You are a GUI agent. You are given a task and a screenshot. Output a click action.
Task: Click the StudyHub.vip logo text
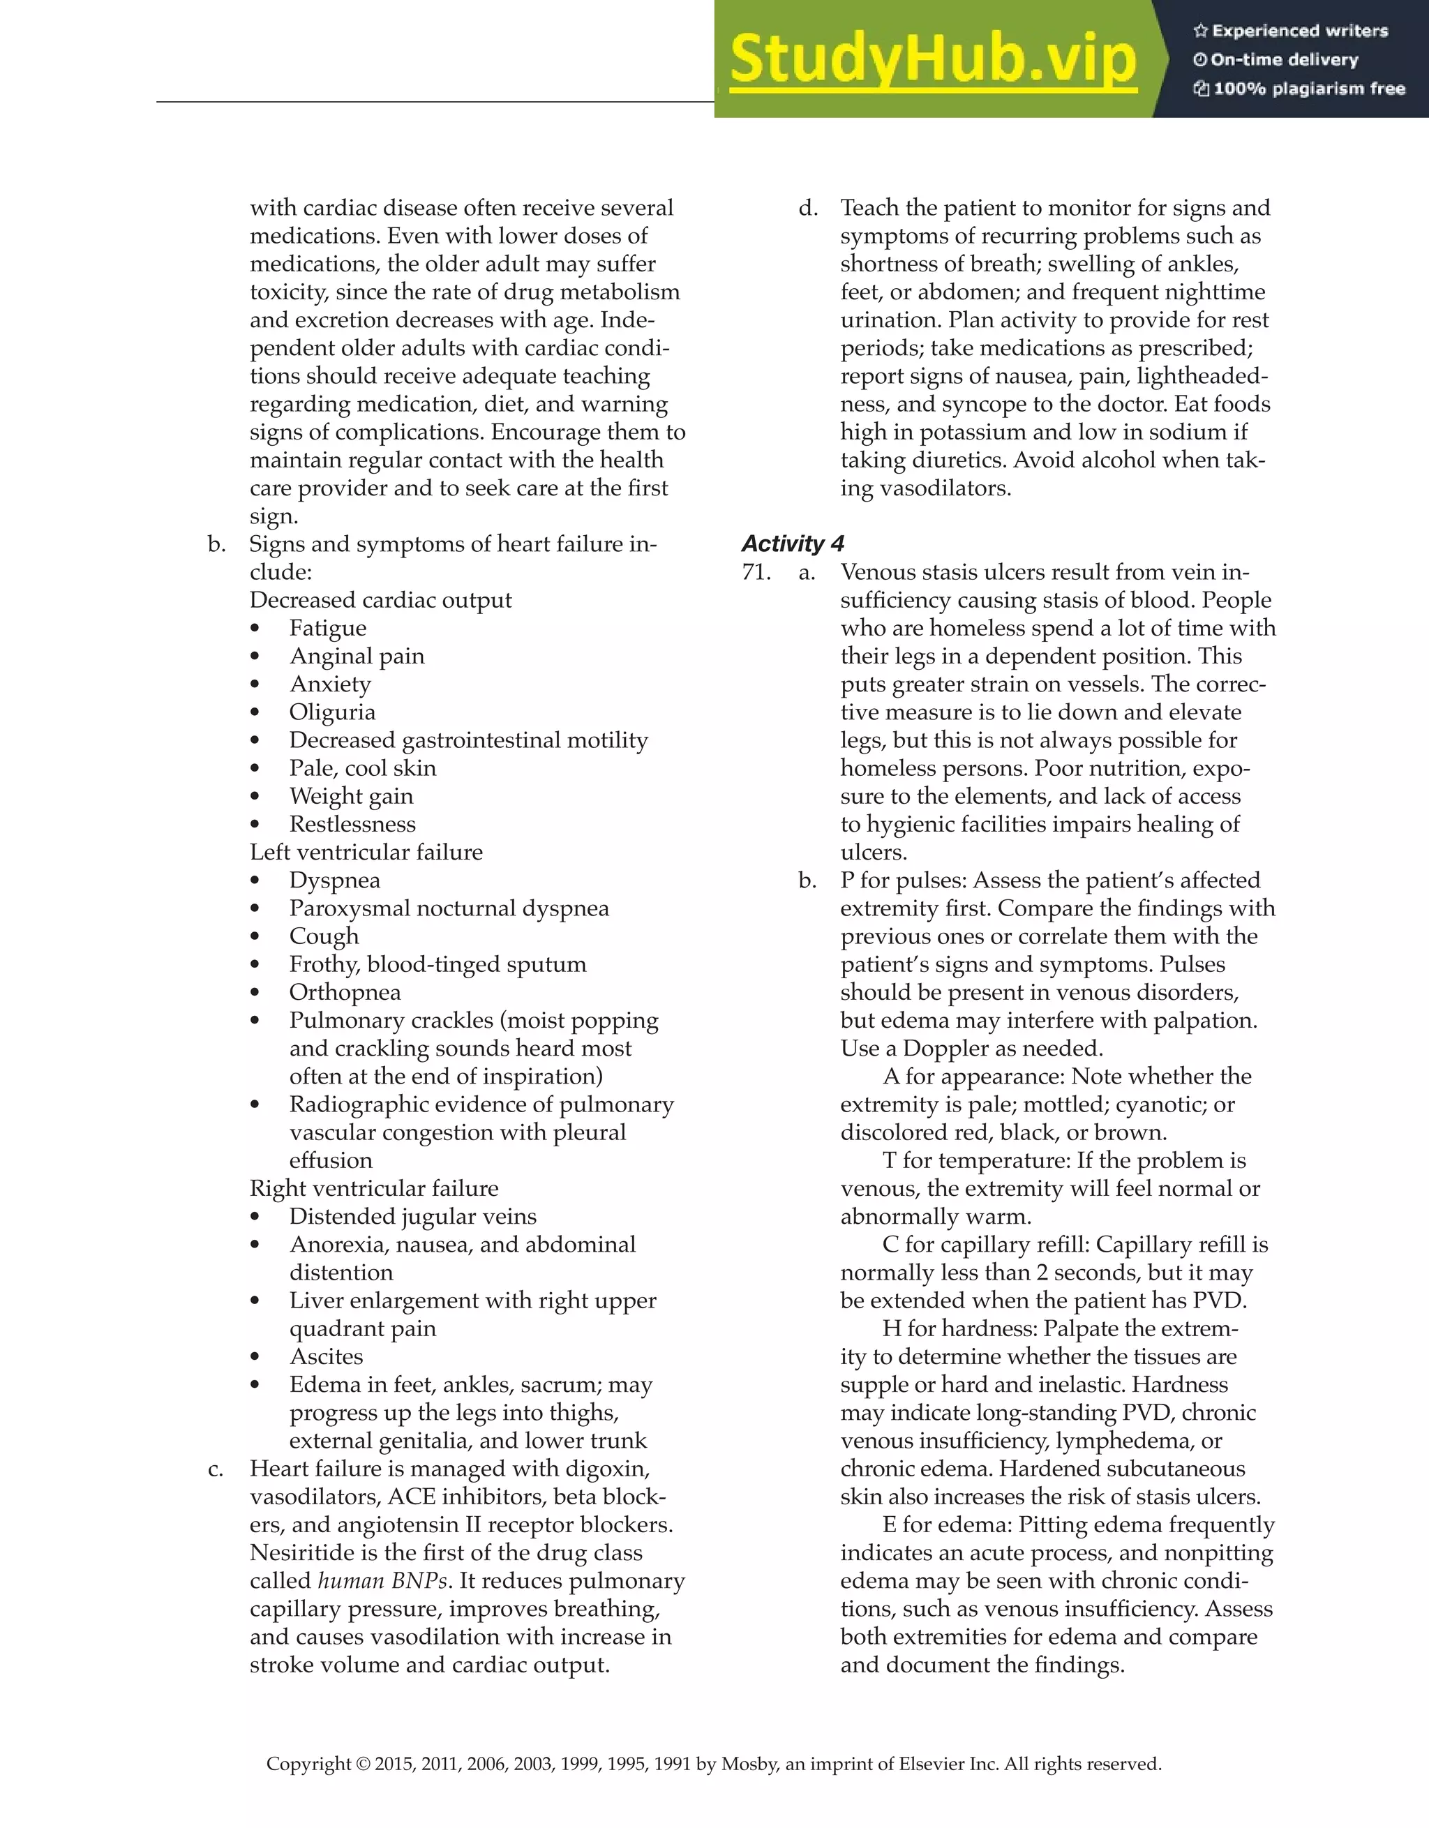pyautogui.click(x=933, y=60)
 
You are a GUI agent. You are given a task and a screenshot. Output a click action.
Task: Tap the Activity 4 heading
pyautogui.click(x=792, y=544)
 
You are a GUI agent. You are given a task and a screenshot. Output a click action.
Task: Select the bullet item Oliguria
pyautogui.click(x=332, y=712)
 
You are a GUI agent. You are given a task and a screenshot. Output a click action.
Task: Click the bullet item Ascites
pyautogui.click(x=326, y=1357)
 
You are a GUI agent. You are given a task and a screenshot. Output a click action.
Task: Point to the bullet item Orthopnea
pyautogui.click(x=345, y=993)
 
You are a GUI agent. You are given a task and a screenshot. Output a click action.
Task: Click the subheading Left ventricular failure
pyautogui.click(x=366, y=852)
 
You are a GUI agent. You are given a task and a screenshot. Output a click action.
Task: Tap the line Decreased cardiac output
pyautogui.click(x=380, y=600)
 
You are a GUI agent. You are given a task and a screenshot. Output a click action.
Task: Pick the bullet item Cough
pyautogui.click(x=324, y=936)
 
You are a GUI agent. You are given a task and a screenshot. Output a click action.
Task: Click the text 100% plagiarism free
pyautogui.click(x=1308, y=89)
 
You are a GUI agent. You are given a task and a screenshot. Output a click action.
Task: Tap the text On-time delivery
pyautogui.click(x=1283, y=59)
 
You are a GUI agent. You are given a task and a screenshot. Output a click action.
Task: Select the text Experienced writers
pyautogui.click(x=1299, y=31)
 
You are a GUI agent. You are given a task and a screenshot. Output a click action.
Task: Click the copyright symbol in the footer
pyautogui.click(x=362, y=1765)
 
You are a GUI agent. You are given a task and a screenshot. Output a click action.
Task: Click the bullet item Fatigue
pyautogui.click(x=327, y=629)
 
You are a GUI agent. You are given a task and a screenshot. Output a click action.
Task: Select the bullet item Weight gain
pyautogui.click(x=351, y=797)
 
